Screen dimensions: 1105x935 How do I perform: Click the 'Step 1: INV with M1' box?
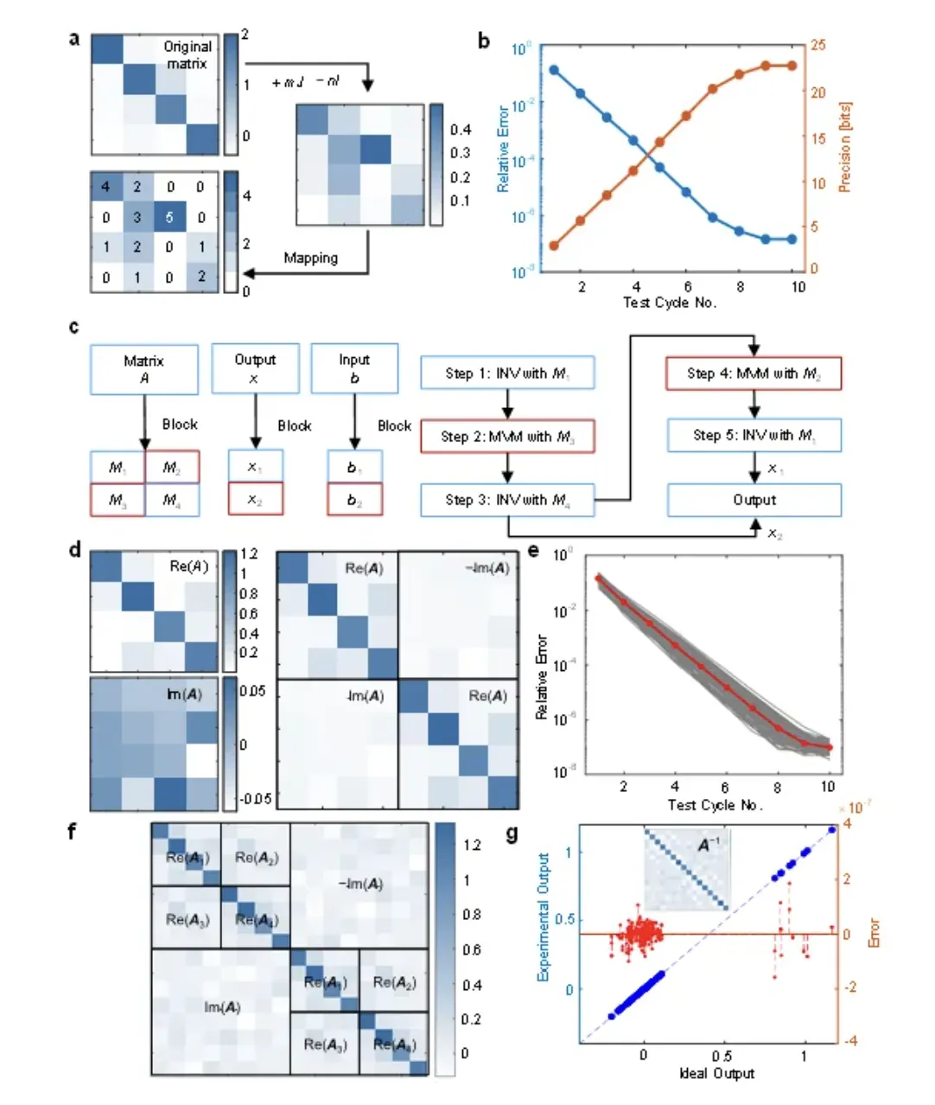pyautogui.click(x=507, y=374)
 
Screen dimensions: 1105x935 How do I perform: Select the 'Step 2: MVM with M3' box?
pyautogui.click(x=507, y=437)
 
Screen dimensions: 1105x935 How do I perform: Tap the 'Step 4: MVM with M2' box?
pyautogui.click(x=754, y=374)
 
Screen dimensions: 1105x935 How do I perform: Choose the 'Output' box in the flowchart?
pyautogui.click(x=754, y=500)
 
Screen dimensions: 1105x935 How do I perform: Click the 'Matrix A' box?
pyautogui.click(x=143, y=369)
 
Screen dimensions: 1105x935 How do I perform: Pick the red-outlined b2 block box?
pyautogui.click(x=354, y=500)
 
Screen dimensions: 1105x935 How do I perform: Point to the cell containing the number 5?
pyautogui.click(x=169, y=217)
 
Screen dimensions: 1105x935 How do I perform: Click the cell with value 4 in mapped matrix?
pyautogui.click(x=105, y=187)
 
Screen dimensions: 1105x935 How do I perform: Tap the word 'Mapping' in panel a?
pyautogui.click(x=310, y=258)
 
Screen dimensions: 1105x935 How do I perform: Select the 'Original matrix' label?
pyautogui.click(x=188, y=54)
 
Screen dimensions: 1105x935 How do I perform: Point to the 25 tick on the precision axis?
pyautogui.click(x=817, y=45)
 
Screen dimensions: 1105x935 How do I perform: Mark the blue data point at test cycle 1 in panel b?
pyautogui.click(x=554, y=70)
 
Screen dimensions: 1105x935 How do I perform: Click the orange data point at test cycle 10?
pyautogui.click(x=792, y=66)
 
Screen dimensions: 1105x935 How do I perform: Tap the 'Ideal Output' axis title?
pyautogui.click(x=716, y=1073)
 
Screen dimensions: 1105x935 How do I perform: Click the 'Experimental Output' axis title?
pyautogui.click(x=544, y=917)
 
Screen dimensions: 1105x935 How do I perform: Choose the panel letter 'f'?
pyautogui.click(x=73, y=832)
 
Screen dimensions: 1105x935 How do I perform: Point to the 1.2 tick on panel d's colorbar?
pyautogui.click(x=249, y=554)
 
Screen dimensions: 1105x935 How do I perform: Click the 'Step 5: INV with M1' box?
pyautogui.click(x=754, y=436)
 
